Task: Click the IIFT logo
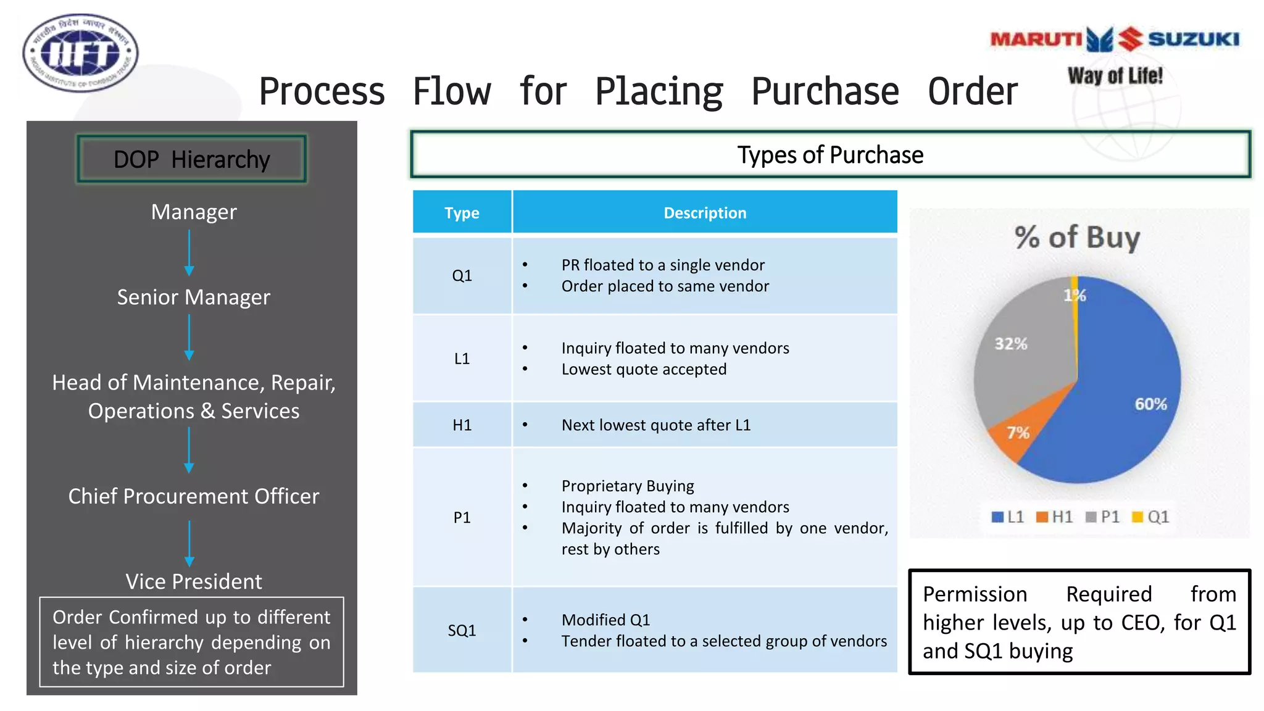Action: (80, 54)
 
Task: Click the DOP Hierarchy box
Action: (191, 159)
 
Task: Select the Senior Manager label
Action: (193, 297)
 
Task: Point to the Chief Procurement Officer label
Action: (193, 496)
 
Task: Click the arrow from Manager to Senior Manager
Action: (189, 252)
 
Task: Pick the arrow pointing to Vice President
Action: (189, 543)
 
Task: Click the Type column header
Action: (462, 213)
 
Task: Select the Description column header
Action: (705, 213)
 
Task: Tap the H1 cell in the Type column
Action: (462, 425)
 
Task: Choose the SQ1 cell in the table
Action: (462, 630)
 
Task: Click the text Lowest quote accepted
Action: (644, 370)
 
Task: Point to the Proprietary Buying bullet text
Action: (628, 486)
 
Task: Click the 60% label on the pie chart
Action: (1150, 404)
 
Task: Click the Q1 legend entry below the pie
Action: (1151, 517)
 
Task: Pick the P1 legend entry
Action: (1103, 517)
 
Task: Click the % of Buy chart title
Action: (1077, 238)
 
